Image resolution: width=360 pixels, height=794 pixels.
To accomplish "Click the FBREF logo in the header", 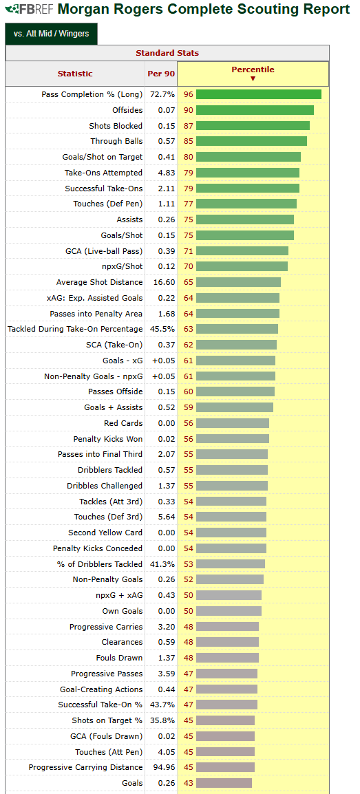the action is coord(30,9).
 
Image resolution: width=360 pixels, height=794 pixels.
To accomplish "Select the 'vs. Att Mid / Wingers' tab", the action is coord(51,34).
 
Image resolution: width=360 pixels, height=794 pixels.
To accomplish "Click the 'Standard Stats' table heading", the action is coord(167,53).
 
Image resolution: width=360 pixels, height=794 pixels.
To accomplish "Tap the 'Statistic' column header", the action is coord(75,74).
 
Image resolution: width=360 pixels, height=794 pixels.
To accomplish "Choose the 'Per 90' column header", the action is coord(161,74).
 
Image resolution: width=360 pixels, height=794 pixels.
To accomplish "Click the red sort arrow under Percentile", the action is coord(253,78).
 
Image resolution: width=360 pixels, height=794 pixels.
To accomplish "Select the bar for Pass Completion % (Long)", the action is coord(259,94).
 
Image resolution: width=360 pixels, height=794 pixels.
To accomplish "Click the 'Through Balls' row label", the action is coord(116,141).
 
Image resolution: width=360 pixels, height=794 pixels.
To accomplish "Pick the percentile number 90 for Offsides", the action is coord(189,110).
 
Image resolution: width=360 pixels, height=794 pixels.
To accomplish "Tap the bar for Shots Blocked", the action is coord(253,126).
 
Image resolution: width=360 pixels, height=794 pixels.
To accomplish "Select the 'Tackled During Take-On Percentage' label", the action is coord(75,329).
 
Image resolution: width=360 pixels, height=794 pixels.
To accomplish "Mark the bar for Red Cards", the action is coord(233,423).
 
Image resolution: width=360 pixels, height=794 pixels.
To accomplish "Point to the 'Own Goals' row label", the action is coord(123,611).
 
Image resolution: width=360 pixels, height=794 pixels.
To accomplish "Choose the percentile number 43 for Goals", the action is coord(189,783).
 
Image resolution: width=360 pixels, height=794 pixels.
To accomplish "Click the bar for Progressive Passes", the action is coord(227,674).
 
